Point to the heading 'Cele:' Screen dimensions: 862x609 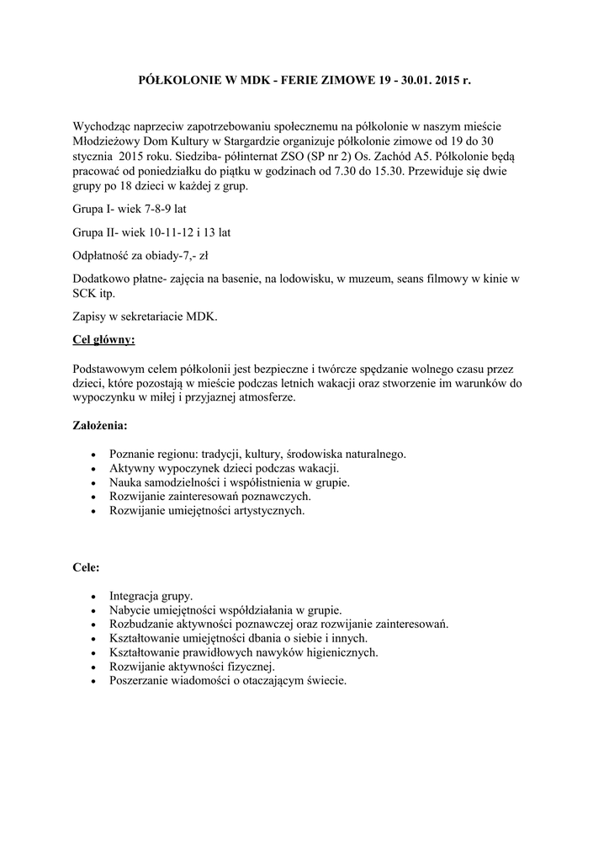(x=87, y=567)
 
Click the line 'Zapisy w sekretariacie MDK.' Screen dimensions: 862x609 (x=146, y=317)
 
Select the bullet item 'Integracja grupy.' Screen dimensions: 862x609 (x=151, y=594)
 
